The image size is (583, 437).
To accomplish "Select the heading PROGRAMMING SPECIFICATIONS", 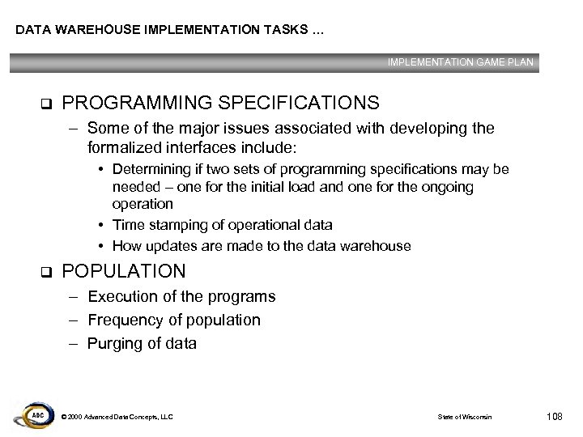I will click(220, 104).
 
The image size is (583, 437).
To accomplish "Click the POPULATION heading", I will click(124, 271).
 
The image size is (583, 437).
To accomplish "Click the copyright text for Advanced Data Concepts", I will click(117, 417).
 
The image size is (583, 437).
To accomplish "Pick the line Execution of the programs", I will click(181, 297).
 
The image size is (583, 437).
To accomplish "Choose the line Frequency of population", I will click(174, 320).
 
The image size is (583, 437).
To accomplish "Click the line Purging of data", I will click(142, 343).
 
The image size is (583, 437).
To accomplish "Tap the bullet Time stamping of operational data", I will click(222, 225).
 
